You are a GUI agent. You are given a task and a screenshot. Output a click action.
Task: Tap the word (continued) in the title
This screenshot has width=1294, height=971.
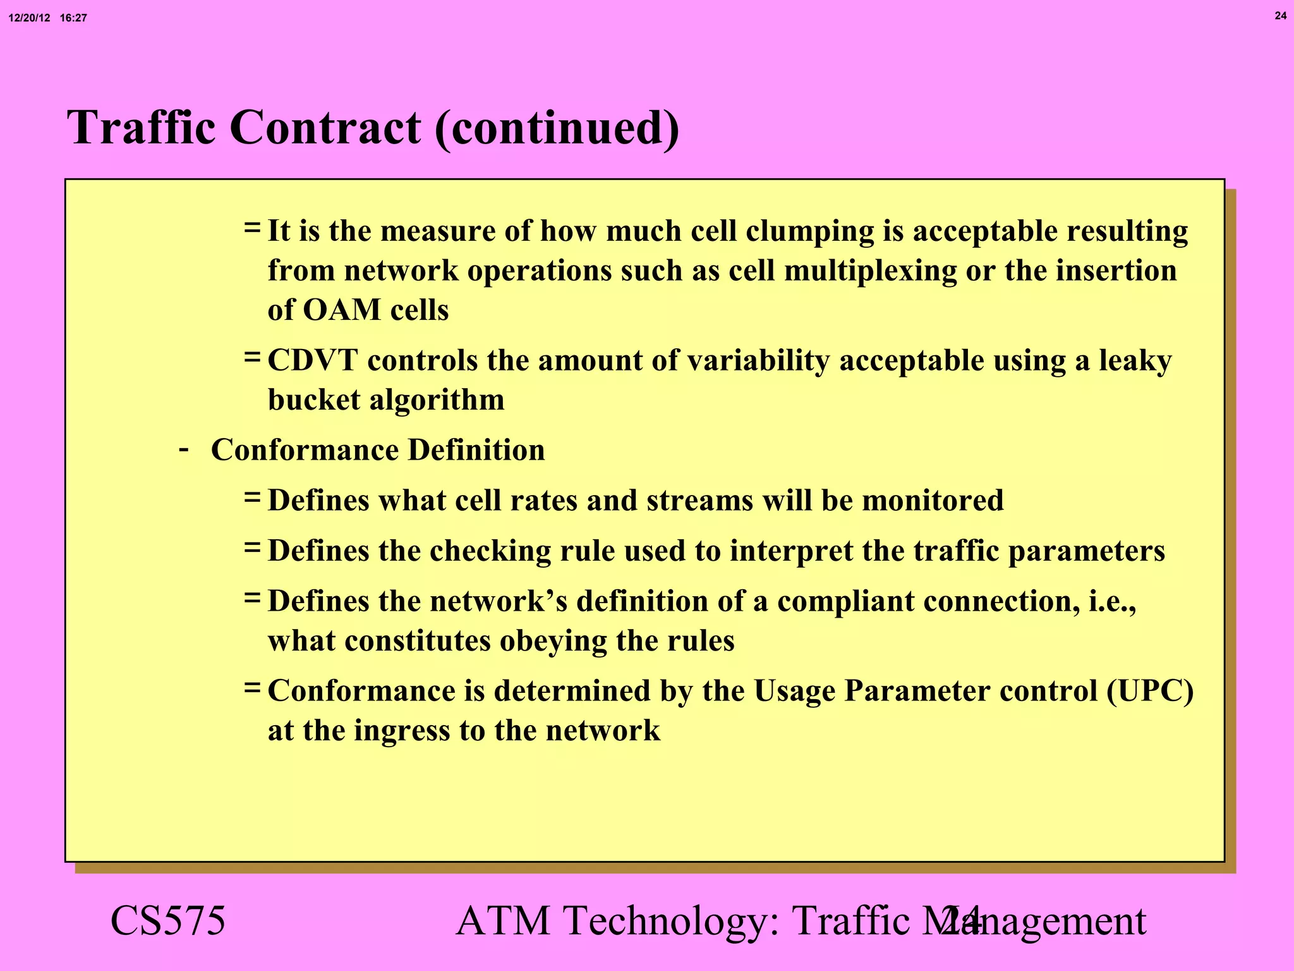point(557,129)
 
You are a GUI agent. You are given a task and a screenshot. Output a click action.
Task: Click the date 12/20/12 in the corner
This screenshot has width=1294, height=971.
point(29,18)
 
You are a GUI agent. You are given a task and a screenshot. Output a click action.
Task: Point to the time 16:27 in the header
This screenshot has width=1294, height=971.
point(73,18)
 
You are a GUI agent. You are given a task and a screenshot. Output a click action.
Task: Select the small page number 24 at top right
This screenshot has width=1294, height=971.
point(1280,16)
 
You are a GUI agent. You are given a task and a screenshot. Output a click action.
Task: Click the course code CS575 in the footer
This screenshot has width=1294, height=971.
point(167,920)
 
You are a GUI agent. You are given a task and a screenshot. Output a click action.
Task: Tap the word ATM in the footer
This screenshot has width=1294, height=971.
point(503,920)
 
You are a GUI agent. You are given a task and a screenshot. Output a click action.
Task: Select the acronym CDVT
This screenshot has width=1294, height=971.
point(313,361)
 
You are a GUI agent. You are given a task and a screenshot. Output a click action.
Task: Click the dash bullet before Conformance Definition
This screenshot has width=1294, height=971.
point(184,449)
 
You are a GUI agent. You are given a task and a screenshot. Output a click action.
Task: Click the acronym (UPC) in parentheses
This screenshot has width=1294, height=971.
point(1150,691)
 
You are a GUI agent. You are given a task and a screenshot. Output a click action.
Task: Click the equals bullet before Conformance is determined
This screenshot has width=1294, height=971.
point(252,687)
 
